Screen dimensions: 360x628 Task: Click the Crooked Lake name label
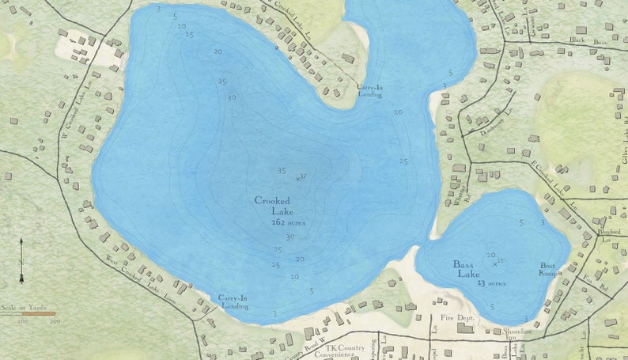272,206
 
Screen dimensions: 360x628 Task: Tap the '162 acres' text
288,223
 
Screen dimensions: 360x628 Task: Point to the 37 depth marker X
298,179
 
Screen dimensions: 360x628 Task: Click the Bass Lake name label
467,269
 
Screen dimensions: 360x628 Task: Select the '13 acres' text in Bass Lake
491,282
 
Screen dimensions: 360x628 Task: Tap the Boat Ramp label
548,269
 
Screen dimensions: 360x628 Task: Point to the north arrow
21,260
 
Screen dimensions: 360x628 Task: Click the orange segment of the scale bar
39,314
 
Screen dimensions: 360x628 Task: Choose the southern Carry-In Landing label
234,301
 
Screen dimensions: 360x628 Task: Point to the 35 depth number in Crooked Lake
282,171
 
